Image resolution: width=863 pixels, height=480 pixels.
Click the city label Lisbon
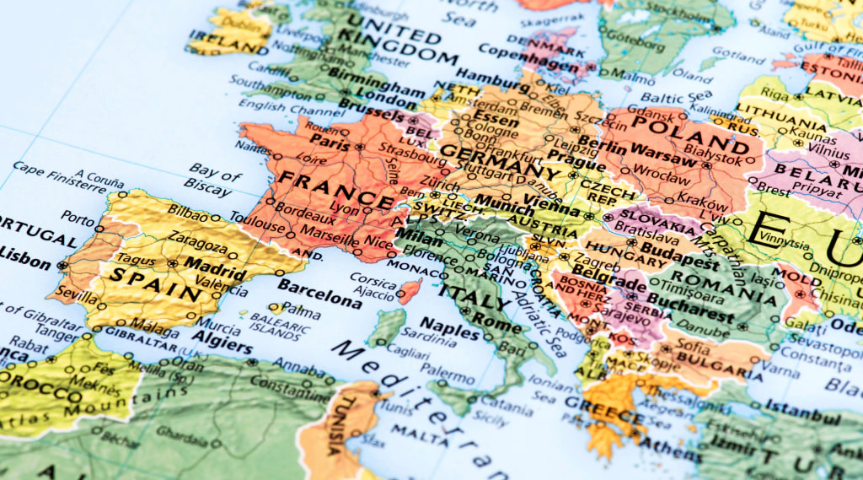pos(25,257)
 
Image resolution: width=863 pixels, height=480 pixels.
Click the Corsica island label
pos(372,278)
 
